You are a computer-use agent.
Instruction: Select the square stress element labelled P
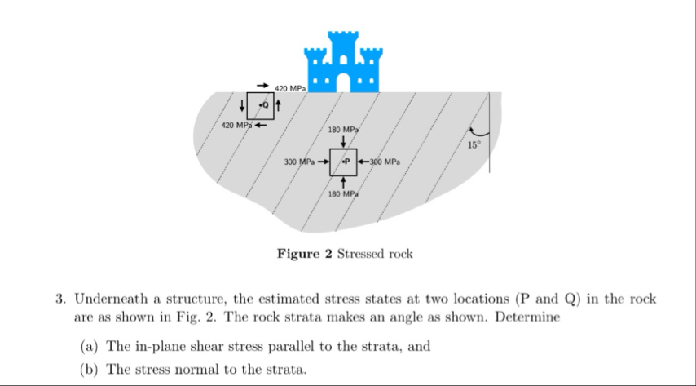click(344, 162)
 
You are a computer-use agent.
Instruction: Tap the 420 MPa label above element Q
click(290, 87)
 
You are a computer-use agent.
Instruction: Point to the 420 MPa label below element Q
click(237, 126)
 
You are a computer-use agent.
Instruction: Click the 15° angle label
click(475, 145)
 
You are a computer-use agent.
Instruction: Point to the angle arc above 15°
click(478, 131)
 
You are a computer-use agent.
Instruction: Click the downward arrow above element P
click(343, 141)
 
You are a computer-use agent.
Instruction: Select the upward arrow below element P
click(343, 183)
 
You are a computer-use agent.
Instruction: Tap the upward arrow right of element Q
click(280, 105)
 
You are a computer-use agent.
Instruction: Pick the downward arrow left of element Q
click(242, 105)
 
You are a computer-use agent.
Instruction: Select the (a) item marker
click(89, 346)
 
